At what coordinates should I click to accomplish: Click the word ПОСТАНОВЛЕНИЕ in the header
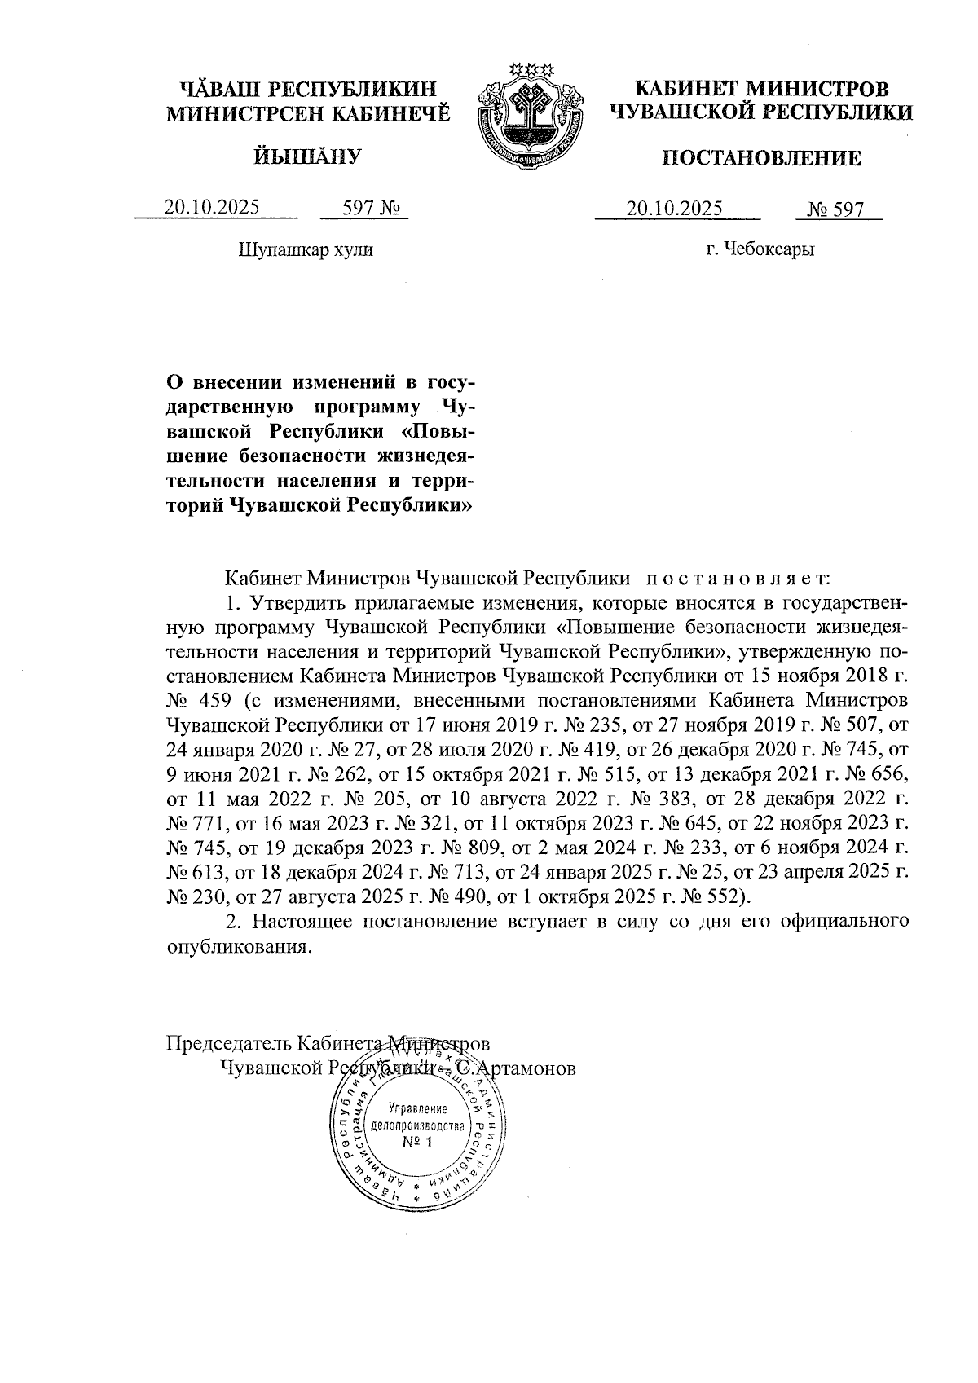coord(761,157)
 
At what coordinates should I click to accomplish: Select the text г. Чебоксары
coord(760,249)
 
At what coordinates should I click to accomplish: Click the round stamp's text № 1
coord(419,1142)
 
